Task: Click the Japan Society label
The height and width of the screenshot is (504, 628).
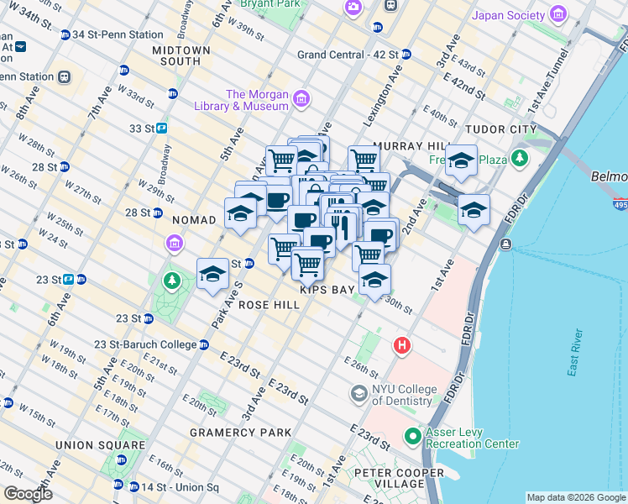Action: click(x=509, y=15)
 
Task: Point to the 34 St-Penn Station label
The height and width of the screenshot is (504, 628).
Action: click(x=117, y=34)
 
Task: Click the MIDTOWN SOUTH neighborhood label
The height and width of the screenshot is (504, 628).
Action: click(x=181, y=55)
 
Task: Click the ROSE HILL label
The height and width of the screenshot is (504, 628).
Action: click(x=270, y=306)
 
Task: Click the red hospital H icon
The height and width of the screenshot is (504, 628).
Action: click(x=403, y=345)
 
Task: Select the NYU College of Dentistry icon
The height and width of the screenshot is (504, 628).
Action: click(x=359, y=393)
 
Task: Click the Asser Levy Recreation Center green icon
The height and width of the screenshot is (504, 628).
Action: click(x=412, y=437)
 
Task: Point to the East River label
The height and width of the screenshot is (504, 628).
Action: click(x=576, y=354)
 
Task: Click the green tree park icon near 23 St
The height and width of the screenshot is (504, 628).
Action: click(x=172, y=280)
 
